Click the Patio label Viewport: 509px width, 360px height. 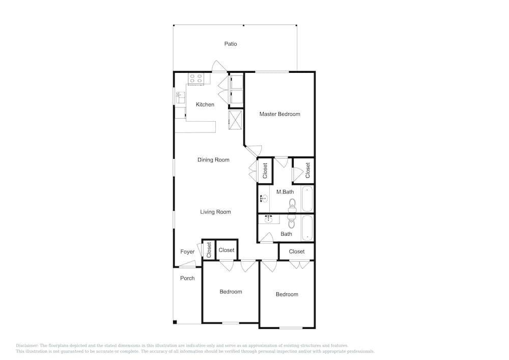tap(231, 44)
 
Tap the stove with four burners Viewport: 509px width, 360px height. tap(196, 78)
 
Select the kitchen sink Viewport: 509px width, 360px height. tap(180, 98)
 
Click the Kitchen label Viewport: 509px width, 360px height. tap(205, 104)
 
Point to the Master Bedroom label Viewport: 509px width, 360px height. tap(279, 114)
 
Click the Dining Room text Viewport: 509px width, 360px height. tap(213, 160)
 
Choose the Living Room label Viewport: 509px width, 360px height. tap(215, 212)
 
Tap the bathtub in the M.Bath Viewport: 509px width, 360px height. tap(307, 199)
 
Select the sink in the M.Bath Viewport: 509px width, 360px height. tap(264, 198)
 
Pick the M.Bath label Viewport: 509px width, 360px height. tap(285, 192)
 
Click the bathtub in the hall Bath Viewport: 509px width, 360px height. tap(307, 228)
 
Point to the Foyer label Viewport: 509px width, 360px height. tap(187, 252)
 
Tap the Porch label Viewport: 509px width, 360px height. tap(187, 278)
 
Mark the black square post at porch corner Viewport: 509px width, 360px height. tap(175, 322)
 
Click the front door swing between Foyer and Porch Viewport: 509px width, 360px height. tap(188, 264)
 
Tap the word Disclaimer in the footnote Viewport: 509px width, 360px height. tap(27, 346)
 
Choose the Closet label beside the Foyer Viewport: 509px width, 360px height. tap(209, 250)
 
